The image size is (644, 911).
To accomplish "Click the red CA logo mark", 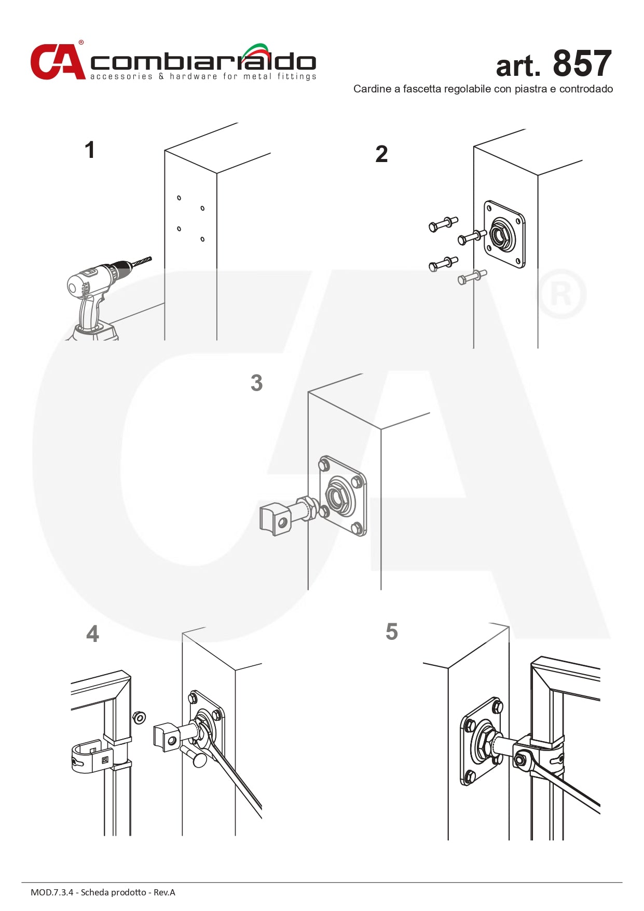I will point(57,62).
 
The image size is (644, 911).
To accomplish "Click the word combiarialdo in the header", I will point(202,62).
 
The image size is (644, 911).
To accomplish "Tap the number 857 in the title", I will point(582,64).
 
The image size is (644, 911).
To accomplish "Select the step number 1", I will point(90,150).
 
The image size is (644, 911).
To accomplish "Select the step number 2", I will point(381,154).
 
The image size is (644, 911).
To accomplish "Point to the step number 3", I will point(256,383).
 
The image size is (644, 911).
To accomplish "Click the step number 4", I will point(92,634).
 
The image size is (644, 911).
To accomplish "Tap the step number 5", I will point(392,632).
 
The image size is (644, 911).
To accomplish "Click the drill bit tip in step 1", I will point(149,258).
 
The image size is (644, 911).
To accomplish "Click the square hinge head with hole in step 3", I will point(275,519).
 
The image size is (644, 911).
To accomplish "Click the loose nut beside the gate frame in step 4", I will point(139,718).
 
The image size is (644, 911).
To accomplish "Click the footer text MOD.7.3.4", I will point(52,892).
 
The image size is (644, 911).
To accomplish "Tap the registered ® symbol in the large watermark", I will point(561,294).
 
